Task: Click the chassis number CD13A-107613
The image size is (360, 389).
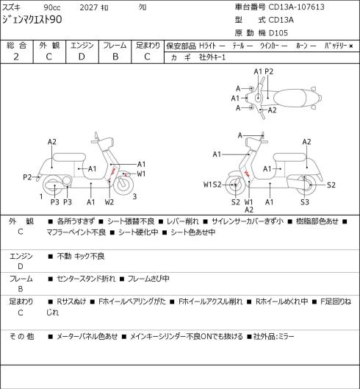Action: (x=296, y=7)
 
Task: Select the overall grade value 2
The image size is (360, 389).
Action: (x=16, y=57)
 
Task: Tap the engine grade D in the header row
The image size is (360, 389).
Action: (x=82, y=57)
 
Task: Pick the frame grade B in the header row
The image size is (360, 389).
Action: (x=115, y=57)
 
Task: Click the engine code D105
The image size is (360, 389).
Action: (x=278, y=33)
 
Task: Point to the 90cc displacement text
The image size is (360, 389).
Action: (x=52, y=7)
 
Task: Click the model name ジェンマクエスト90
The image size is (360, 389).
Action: (x=32, y=20)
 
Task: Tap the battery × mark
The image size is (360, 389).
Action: (x=351, y=46)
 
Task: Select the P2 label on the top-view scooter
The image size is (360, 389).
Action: (x=269, y=71)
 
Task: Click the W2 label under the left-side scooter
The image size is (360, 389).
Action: (x=109, y=202)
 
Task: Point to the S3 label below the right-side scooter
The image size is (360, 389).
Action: (x=305, y=202)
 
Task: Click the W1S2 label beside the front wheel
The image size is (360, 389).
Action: (x=212, y=185)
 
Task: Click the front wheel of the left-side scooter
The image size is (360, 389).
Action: (x=123, y=185)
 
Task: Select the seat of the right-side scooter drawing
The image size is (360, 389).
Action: (x=289, y=157)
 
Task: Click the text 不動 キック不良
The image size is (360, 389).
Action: (x=81, y=256)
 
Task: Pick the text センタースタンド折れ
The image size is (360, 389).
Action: (x=86, y=279)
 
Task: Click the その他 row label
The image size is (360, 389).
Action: (x=21, y=336)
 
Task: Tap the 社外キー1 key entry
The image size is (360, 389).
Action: (x=212, y=57)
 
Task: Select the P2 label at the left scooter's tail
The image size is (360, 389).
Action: (x=27, y=177)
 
